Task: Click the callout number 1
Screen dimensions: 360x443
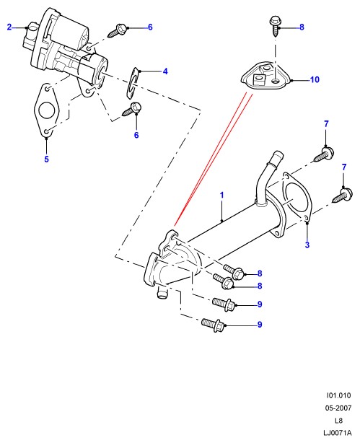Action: pos(221,195)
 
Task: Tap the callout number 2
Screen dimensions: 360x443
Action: pos(9,27)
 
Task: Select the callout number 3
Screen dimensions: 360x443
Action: pos(307,245)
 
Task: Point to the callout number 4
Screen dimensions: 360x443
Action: pos(165,71)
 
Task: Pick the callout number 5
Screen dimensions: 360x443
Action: pos(46,159)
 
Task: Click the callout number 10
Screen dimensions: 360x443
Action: pos(315,79)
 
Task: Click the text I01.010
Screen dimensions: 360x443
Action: pos(338,395)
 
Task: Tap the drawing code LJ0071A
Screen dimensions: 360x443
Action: pos(338,433)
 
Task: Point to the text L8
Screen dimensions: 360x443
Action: pos(338,421)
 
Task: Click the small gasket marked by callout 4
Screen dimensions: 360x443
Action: pos(133,84)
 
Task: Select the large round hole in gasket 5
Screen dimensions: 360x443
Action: pos(46,110)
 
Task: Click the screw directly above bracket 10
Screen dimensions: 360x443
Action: pos(275,26)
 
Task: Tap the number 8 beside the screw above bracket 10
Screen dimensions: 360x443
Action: pos(302,27)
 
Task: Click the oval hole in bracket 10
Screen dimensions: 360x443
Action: pos(275,82)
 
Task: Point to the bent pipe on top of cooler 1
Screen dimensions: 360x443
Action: pos(267,178)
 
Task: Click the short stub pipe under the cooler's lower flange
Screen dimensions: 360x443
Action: pos(162,292)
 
